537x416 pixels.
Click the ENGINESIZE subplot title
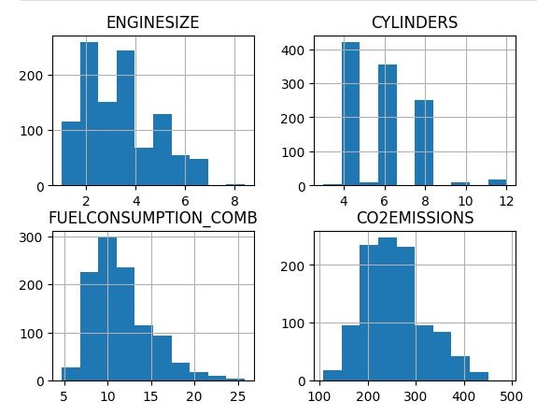153,22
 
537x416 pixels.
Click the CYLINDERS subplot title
415,22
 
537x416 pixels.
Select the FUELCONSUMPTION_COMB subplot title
153,218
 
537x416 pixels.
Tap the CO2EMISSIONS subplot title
415,218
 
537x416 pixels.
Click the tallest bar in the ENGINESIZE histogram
89,114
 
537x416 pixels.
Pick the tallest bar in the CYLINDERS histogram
351,114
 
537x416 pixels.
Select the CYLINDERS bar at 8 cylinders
424,143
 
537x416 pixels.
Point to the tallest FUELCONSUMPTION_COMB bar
107,309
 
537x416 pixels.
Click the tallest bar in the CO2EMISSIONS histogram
388,309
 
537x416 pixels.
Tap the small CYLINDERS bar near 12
497,182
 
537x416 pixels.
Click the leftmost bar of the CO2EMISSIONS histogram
332,376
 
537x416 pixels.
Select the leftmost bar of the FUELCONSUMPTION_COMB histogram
71,374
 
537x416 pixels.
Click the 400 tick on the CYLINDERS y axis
292,50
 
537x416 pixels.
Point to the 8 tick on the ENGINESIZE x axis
234,201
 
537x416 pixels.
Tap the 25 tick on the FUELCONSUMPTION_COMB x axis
237,396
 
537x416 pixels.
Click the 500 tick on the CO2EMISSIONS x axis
512,396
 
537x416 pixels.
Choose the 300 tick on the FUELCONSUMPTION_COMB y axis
31,237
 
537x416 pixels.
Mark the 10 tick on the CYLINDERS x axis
465,201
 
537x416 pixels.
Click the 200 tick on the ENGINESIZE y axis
31,76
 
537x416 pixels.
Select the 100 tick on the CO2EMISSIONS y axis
292,323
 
